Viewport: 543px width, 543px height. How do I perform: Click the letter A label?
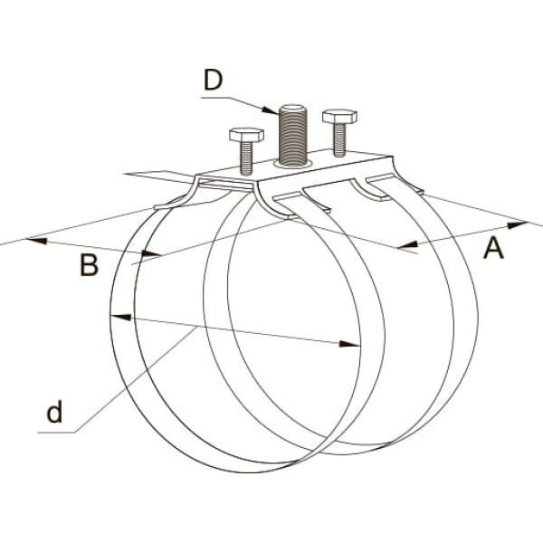tap(492, 247)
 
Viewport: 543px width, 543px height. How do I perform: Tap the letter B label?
tap(88, 266)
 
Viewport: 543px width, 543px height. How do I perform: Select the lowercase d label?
tap(55, 414)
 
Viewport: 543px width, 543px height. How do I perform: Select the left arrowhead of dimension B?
tap(34, 241)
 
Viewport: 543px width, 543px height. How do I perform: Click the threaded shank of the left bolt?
tap(246, 157)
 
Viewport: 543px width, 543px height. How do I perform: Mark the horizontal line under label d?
tap(58, 433)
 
